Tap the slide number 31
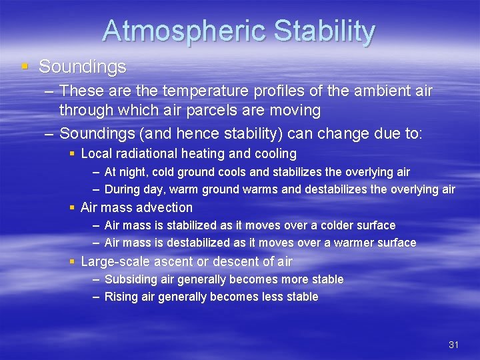454,345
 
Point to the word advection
165,207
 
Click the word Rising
121,297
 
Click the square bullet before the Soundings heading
25,67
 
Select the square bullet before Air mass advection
73,208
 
